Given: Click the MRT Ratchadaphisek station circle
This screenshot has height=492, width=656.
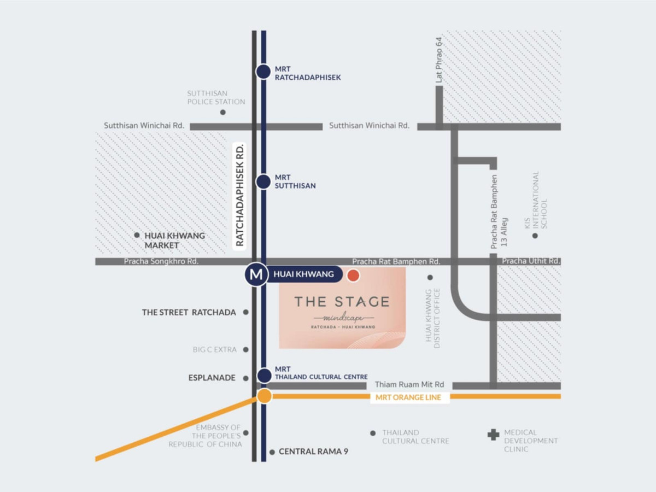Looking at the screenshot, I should click(x=263, y=72).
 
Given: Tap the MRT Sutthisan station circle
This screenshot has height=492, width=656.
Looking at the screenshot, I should click(x=263, y=181).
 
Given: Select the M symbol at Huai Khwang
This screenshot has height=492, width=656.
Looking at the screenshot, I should click(x=255, y=274).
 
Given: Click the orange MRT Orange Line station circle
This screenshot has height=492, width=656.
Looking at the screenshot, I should click(x=265, y=396).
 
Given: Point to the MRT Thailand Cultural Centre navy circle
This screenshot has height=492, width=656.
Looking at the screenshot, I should click(x=264, y=376).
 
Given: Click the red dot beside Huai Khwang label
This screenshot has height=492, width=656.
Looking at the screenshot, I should click(x=353, y=275).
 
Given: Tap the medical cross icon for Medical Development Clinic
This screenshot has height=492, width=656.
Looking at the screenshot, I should click(x=493, y=435).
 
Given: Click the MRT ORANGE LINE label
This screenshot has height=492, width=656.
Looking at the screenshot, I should click(x=410, y=397).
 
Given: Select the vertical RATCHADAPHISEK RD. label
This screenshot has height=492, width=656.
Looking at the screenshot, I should click(x=239, y=195).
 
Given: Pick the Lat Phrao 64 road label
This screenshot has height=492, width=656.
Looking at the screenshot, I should click(x=438, y=61).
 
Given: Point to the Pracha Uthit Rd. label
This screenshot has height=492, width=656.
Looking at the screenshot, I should click(x=531, y=261).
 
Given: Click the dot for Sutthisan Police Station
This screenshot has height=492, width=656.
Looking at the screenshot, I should click(x=222, y=113).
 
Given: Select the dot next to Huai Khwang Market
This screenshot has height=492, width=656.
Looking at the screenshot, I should click(x=137, y=235).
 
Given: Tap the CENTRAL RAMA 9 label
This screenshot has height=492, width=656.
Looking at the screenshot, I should click(x=313, y=452).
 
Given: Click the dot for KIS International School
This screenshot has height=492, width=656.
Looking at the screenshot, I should click(x=535, y=236).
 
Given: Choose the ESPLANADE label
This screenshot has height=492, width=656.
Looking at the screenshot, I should click(x=212, y=378).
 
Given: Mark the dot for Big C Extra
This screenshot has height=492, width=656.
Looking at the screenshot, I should click(x=246, y=350).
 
